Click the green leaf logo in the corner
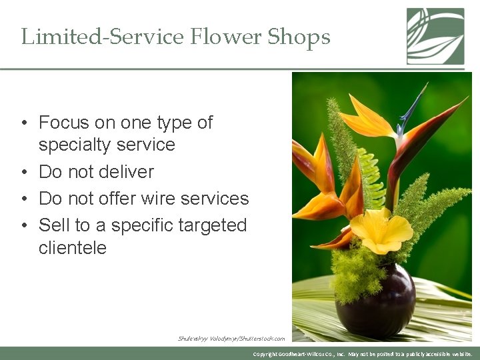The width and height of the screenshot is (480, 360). tap(435, 36)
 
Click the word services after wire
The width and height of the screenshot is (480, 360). tap(214, 199)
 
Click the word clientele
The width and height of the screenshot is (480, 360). tap(72, 248)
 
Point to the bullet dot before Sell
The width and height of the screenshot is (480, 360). tap(24, 226)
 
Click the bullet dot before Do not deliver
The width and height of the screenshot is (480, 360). tap(24, 173)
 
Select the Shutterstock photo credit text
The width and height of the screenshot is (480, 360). tap(231, 339)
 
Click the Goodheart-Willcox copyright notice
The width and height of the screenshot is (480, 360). tap(363, 354)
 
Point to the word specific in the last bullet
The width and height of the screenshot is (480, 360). tap(142, 225)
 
